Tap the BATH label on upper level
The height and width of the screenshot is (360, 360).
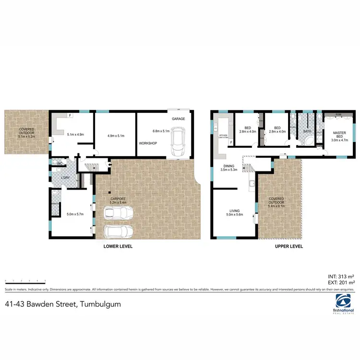307,131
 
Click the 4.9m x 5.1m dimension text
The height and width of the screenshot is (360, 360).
115,136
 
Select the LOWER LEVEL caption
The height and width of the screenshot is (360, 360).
118,246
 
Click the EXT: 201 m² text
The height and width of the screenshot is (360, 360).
341,282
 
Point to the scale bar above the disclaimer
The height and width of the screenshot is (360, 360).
25,280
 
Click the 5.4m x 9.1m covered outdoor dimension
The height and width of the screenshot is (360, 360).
276,203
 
